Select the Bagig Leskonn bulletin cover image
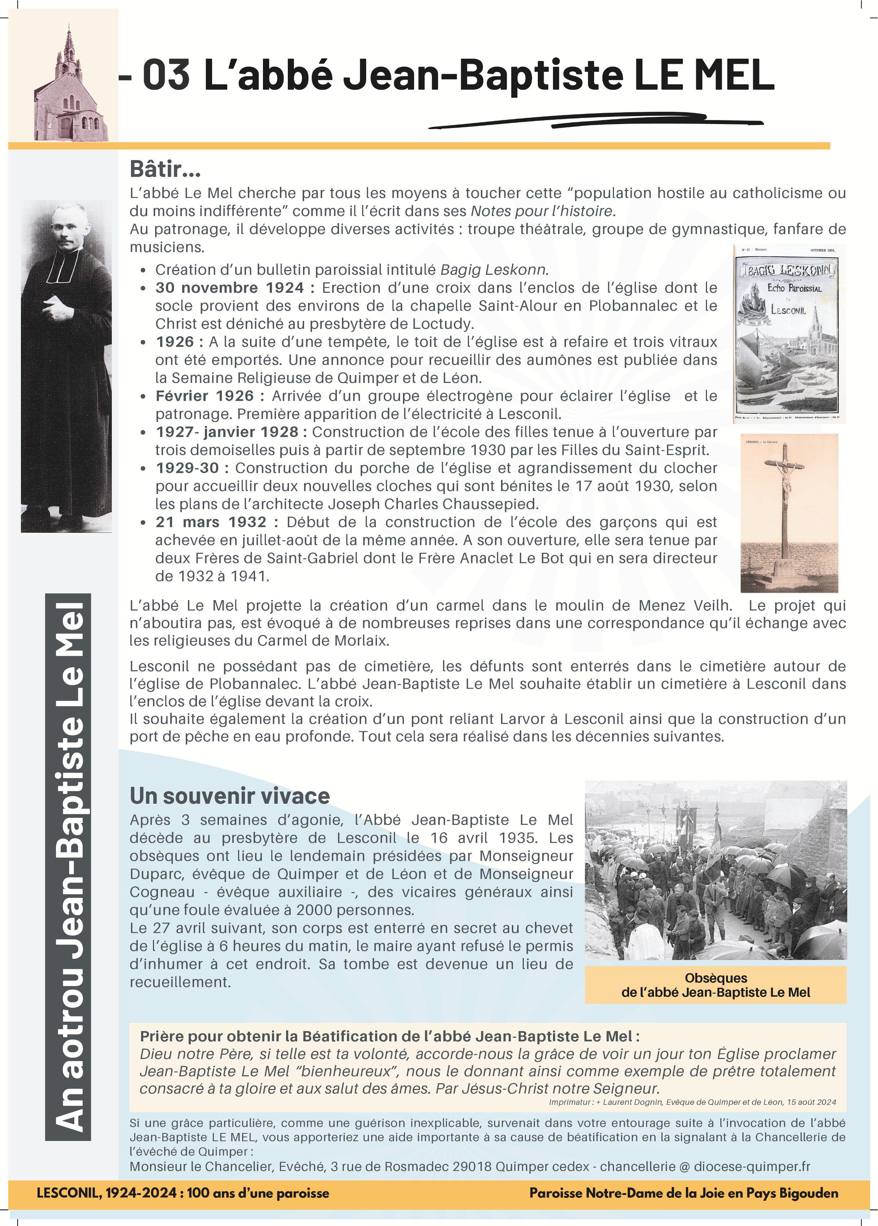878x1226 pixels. click(x=789, y=334)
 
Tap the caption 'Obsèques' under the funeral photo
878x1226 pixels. click(x=715, y=978)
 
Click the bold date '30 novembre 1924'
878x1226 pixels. click(x=229, y=288)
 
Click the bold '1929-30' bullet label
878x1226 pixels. click(x=188, y=468)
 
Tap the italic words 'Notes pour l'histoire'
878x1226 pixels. click(x=543, y=211)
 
